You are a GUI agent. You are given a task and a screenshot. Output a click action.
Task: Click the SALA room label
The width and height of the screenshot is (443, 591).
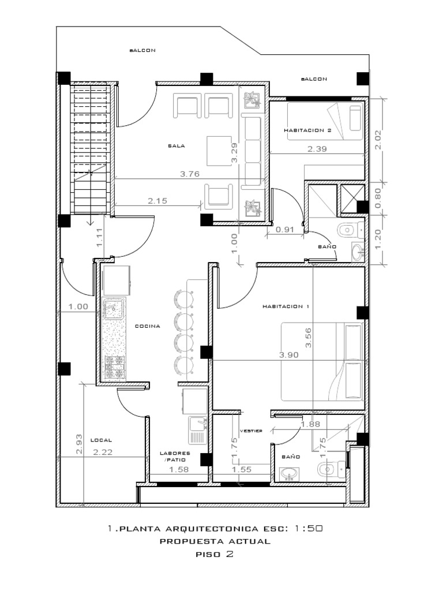(176, 146)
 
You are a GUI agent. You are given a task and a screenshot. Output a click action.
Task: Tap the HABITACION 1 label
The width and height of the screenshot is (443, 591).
(286, 306)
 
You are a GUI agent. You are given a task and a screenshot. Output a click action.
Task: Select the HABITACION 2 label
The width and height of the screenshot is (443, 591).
(307, 130)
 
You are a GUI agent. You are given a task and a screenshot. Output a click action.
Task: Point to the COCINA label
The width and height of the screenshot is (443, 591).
(148, 326)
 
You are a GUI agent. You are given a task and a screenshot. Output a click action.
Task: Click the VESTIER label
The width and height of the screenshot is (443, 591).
(251, 431)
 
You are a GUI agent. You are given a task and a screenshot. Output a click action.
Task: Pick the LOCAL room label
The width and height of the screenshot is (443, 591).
(102, 440)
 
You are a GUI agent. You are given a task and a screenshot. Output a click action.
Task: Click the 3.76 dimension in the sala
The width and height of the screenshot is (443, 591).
(189, 174)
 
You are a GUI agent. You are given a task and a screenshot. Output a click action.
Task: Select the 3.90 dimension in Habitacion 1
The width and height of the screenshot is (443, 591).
(288, 356)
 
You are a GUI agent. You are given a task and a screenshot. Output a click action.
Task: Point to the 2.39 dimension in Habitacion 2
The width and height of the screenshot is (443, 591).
(318, 149)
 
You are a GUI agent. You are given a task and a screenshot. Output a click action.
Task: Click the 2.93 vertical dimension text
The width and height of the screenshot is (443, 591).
(79, 444)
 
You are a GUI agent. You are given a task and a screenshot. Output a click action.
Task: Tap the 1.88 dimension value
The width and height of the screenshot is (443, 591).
(310, 424)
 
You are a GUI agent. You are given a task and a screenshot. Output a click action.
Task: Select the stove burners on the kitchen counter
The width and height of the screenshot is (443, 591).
(114, 368)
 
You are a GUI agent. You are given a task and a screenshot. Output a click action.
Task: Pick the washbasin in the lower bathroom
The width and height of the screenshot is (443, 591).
(289, 473)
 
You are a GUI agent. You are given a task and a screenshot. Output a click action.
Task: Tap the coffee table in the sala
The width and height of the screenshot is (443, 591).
(219, 149)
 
